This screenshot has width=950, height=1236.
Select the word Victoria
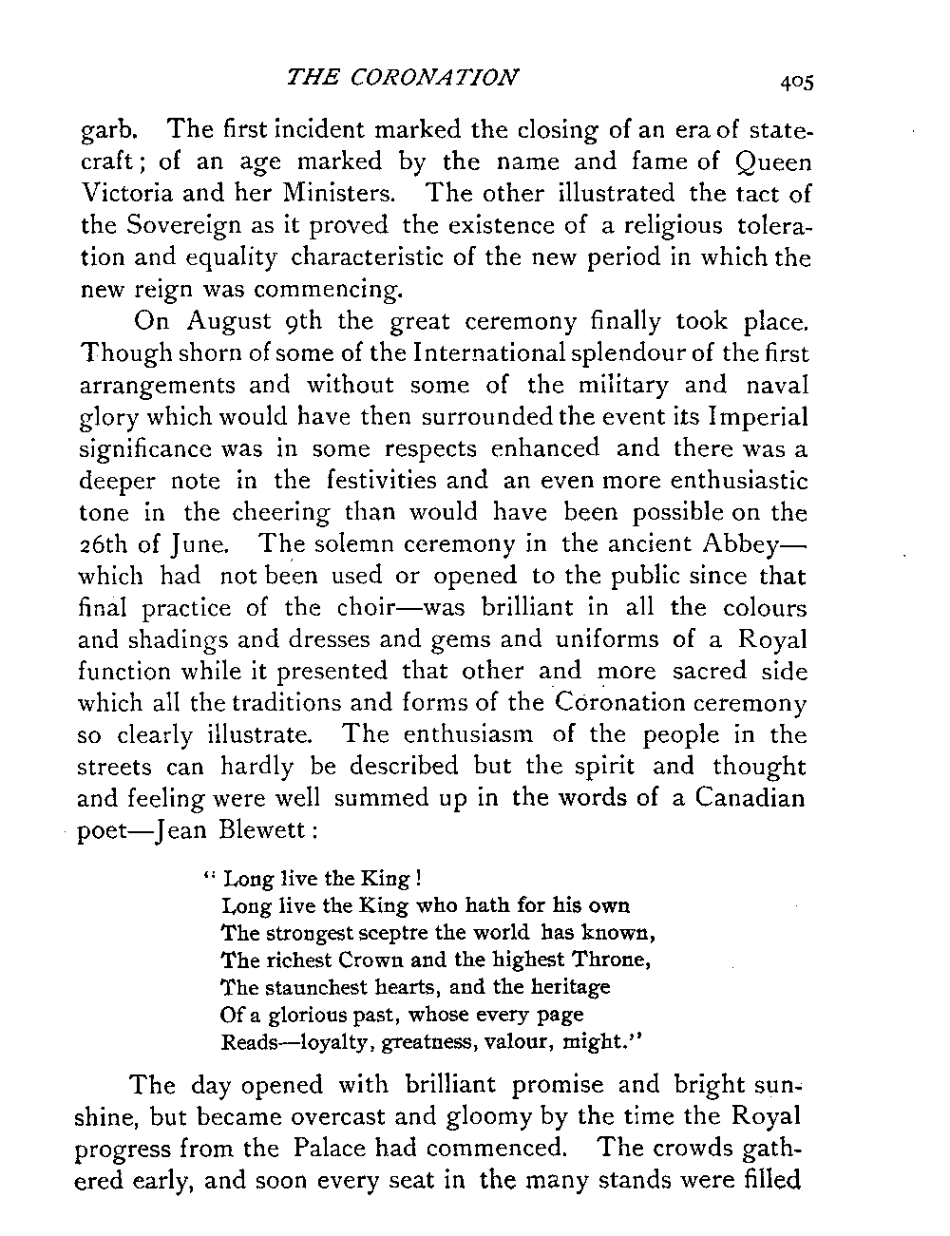click(123, 195)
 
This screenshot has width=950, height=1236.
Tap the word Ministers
click(341, 195)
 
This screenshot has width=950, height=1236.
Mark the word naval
click(780, 385)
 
